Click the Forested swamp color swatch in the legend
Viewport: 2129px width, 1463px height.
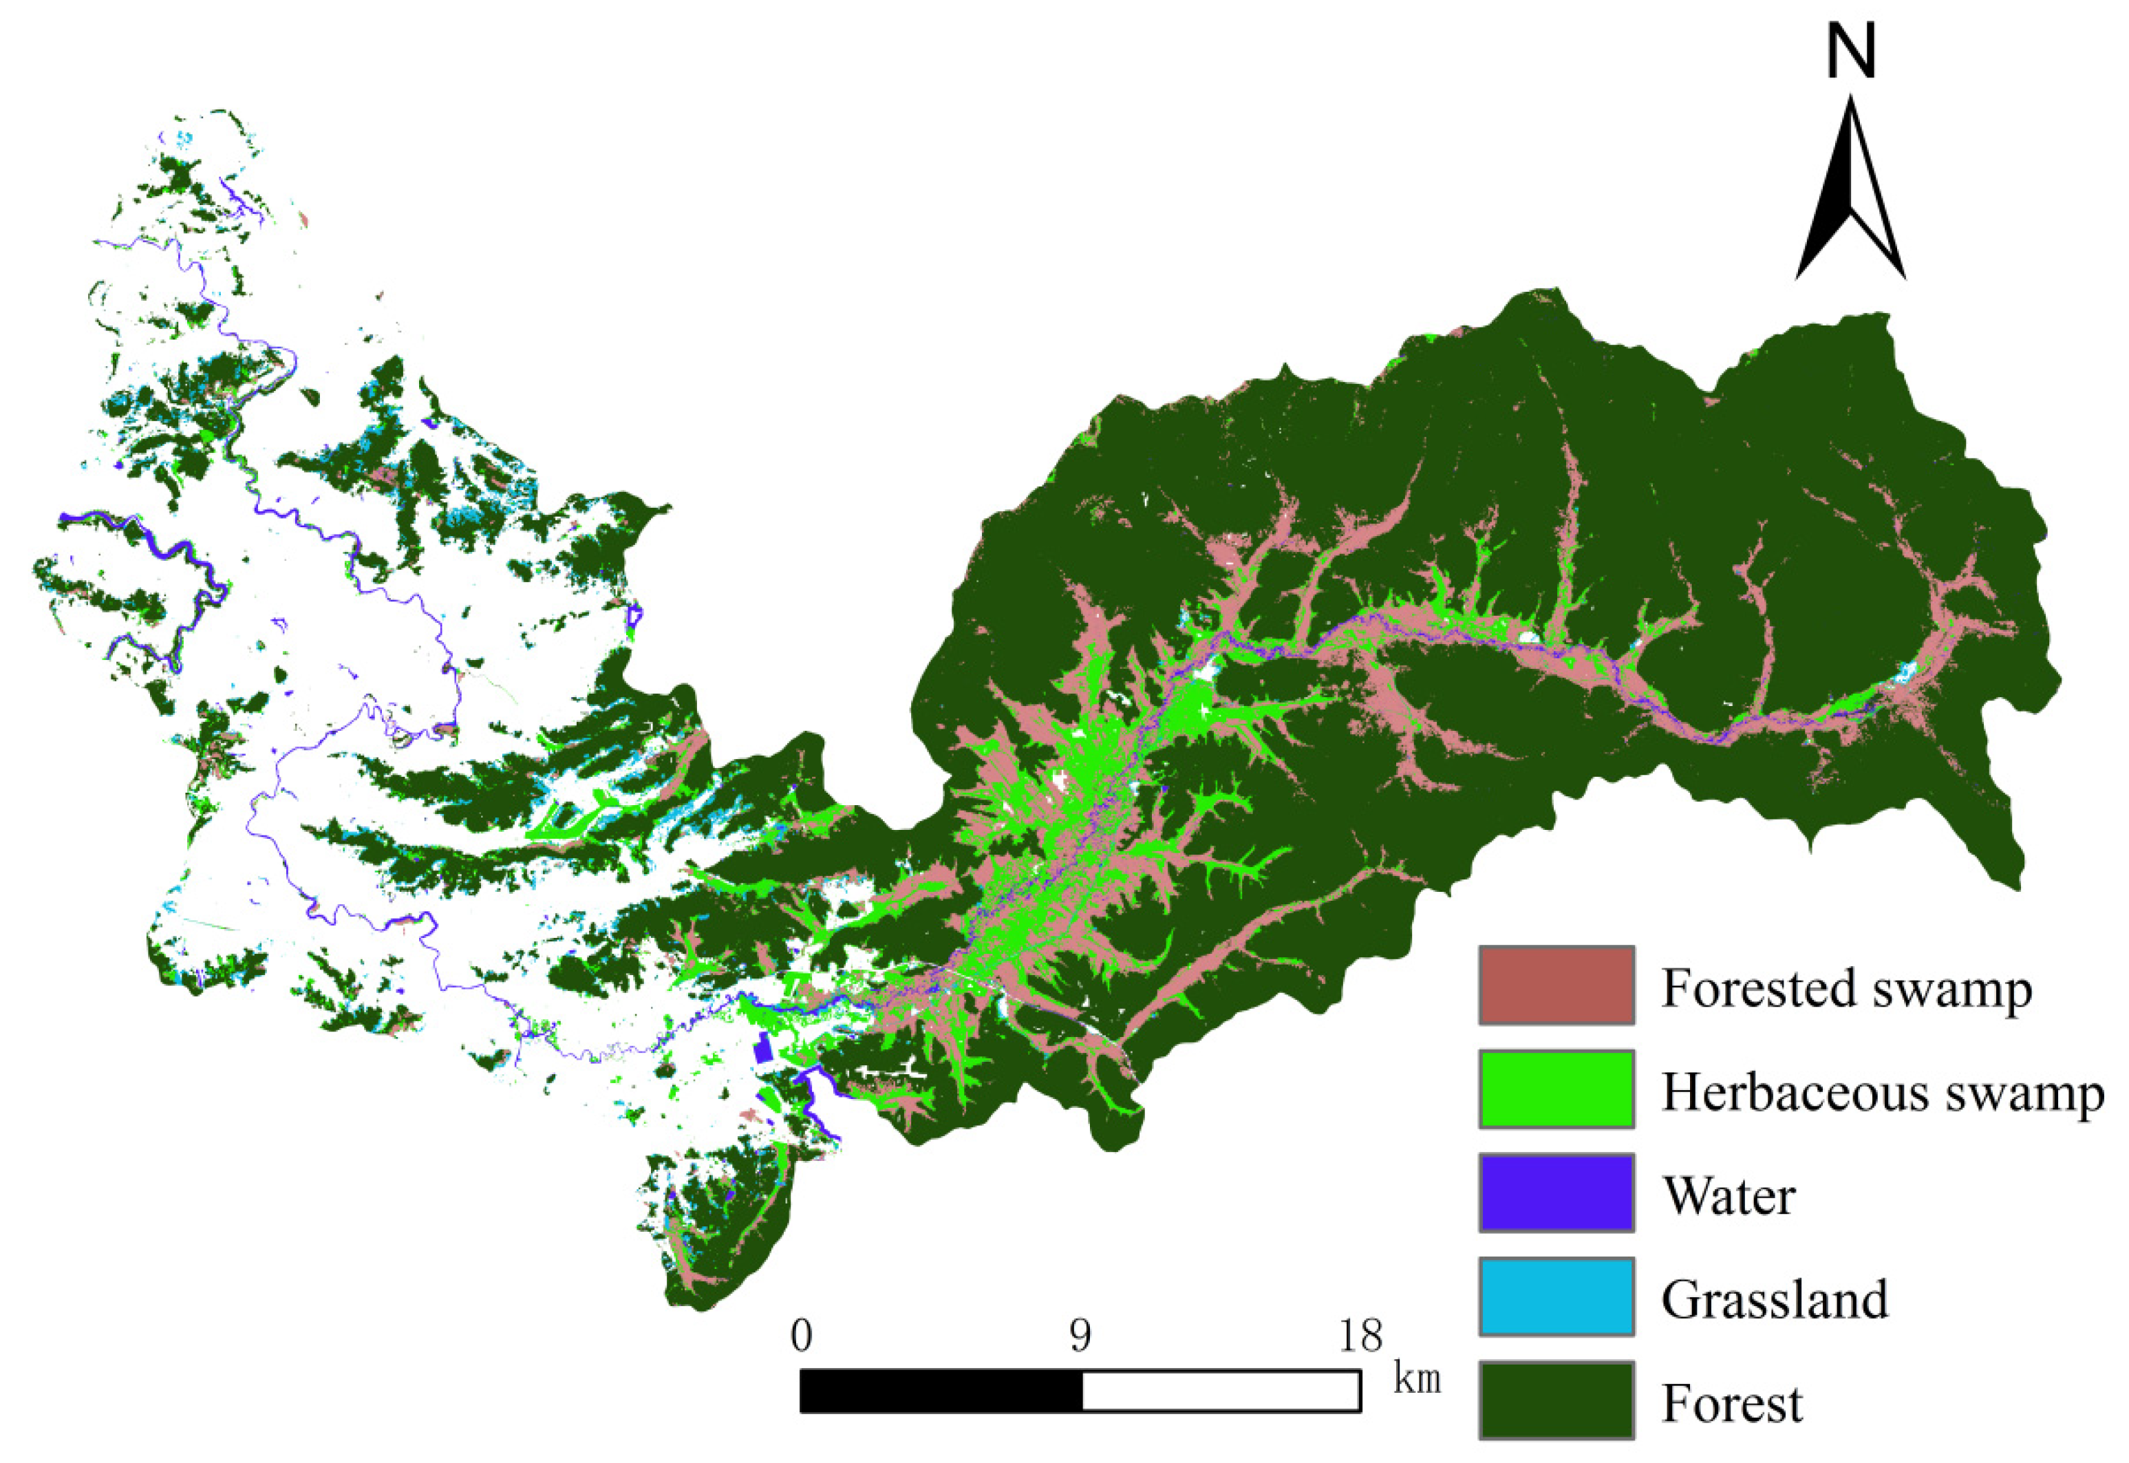(x=1555, y=985)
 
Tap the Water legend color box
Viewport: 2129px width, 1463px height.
(x=1555, y=1193)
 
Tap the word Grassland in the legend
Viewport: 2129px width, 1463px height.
(x=1775, y=1301)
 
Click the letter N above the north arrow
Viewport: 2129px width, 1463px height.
(x=1850, y=52)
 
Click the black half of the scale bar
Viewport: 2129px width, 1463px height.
(x=941, y=1391)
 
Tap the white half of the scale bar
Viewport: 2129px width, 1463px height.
(x=1221, y=1391)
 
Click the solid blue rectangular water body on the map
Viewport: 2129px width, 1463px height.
(x=760, y=1049)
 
